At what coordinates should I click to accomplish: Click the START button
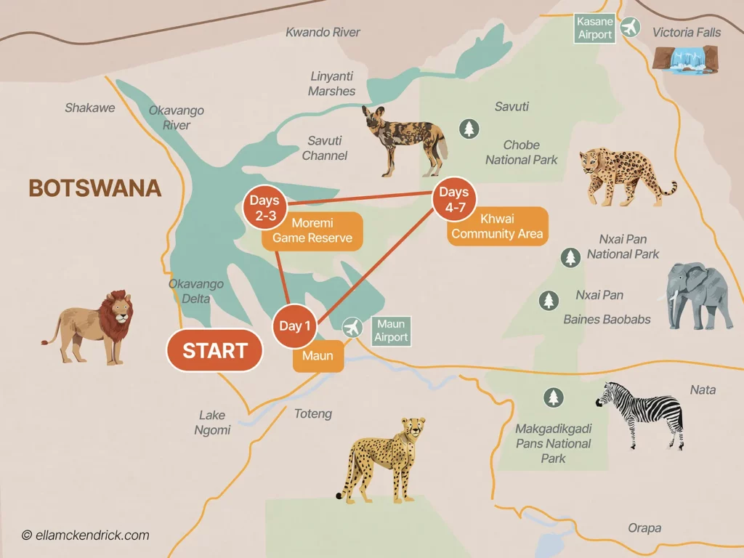tap(214, 351)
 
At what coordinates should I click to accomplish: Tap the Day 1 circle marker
tap(294, 326)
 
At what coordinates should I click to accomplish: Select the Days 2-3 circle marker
tap(264, 206)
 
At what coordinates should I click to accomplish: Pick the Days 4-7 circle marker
tap(453, 198)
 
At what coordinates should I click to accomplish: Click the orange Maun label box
tap(318, 357)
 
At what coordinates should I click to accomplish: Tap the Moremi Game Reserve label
tap(312, 231)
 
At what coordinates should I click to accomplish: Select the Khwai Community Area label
tap(497, 227)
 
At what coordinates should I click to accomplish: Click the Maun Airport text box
tap(392, 331)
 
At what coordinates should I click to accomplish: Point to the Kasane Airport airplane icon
tap(630, 28)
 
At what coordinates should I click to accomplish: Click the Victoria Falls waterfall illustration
tap(685, 59)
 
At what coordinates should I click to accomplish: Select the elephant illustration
tap(697, 294)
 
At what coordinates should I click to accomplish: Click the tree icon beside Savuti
tap(469, 129)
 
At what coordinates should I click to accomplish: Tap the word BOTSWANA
tap(94, 189)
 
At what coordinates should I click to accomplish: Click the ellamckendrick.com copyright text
tap(85, 535)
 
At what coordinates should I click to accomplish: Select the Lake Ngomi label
tap(213, 422)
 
